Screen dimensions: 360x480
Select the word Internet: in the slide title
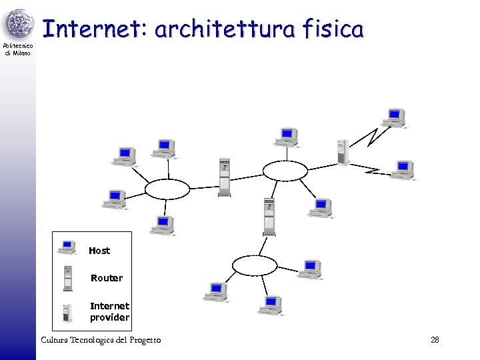pos(95,30)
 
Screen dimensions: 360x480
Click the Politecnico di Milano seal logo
pos(18,24)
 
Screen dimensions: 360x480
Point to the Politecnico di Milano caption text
pos(18,49)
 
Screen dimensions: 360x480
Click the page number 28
pos(435,340)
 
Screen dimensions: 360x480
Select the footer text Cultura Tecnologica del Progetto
pos(101,340)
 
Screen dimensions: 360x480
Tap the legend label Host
pos(99,251)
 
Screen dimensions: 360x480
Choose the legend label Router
pos(107,278)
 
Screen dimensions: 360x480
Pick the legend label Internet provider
pos(109,312)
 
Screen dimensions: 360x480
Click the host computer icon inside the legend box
pos(67,247)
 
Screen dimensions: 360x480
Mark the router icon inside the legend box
pos(67,277)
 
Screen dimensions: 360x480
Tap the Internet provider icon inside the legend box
pos(67,313)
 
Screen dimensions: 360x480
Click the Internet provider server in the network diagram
pos(343,153)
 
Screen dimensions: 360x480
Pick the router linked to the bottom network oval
pos(269,217)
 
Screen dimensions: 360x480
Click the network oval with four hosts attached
pos(167,189)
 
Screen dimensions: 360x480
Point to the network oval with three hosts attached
pos(254,265)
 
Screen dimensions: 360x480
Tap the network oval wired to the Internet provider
pos(285,171)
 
